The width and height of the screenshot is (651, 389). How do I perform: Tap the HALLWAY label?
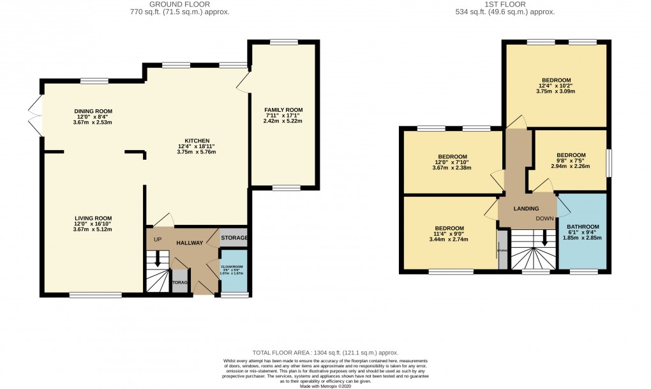click(190, 243)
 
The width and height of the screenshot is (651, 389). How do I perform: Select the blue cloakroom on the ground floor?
click(231, 271)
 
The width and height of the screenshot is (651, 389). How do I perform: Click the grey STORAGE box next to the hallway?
click(234, 238)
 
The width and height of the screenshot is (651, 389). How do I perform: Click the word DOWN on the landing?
click(544, 218)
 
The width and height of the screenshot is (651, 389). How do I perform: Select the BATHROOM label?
click(583, 227)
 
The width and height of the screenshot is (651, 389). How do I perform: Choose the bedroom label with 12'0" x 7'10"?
click(452, 156)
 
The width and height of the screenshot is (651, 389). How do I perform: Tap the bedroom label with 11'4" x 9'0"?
click(449, 228)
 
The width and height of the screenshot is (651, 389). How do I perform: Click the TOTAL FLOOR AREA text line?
click(325, 353)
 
